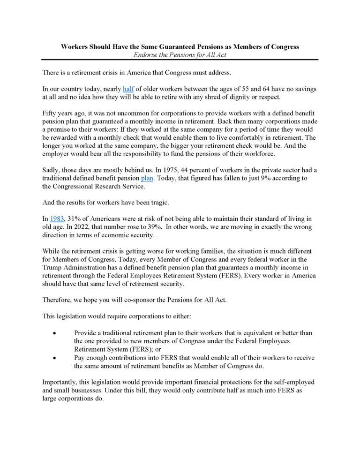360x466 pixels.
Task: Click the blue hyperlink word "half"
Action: [128, 89]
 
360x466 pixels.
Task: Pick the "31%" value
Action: [77, 218]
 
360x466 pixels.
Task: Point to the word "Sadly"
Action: [52, 170]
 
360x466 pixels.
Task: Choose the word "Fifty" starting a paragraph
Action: [51, 114]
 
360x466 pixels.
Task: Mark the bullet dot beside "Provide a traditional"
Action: [55, 333]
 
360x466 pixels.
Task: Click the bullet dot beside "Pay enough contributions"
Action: [55, 358]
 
